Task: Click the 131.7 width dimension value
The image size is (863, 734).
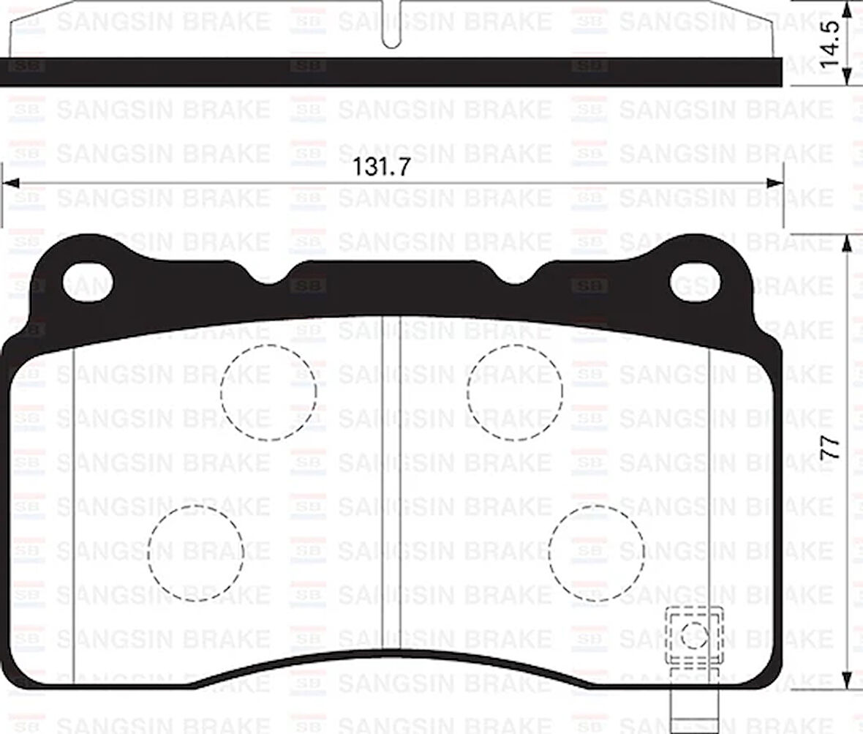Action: (x=381, y=168)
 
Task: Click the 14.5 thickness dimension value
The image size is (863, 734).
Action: (x=831, y=45)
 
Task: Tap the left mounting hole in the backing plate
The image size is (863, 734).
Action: (x=88, y=282)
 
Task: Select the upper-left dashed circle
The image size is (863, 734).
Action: (x=268, y=392)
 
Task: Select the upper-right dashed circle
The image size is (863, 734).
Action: (x=515, y=392)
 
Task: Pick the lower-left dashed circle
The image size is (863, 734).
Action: (x=195, y=553)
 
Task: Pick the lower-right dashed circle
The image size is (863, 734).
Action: (x=596, y=553)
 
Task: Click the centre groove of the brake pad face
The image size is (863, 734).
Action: (x=390, y=483)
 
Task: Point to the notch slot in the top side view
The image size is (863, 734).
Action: (x=392, y=29)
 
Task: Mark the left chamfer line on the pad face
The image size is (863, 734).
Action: (x=75, y=512)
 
